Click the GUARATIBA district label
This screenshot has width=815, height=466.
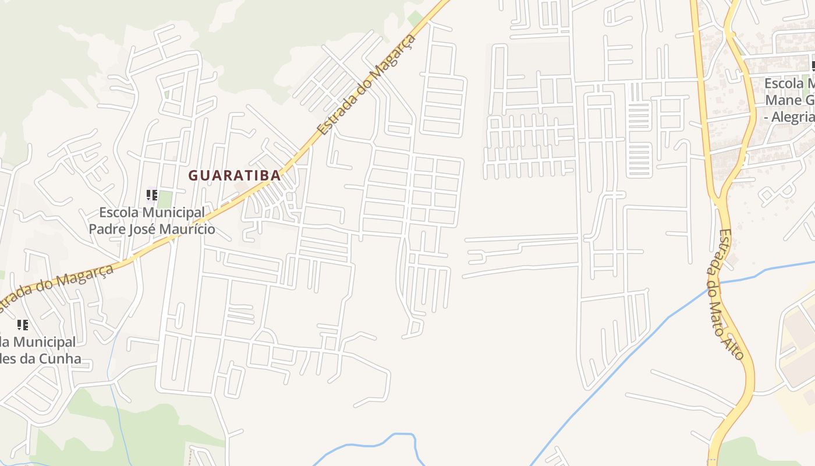234,175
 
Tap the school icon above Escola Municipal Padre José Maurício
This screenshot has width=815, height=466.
152,195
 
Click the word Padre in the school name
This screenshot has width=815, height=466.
108,229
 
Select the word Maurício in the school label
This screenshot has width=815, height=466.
188,229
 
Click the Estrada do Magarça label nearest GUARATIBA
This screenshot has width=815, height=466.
368,84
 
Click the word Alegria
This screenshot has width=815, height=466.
791,117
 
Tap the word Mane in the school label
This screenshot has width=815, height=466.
782,100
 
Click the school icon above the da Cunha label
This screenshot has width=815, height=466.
22,324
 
